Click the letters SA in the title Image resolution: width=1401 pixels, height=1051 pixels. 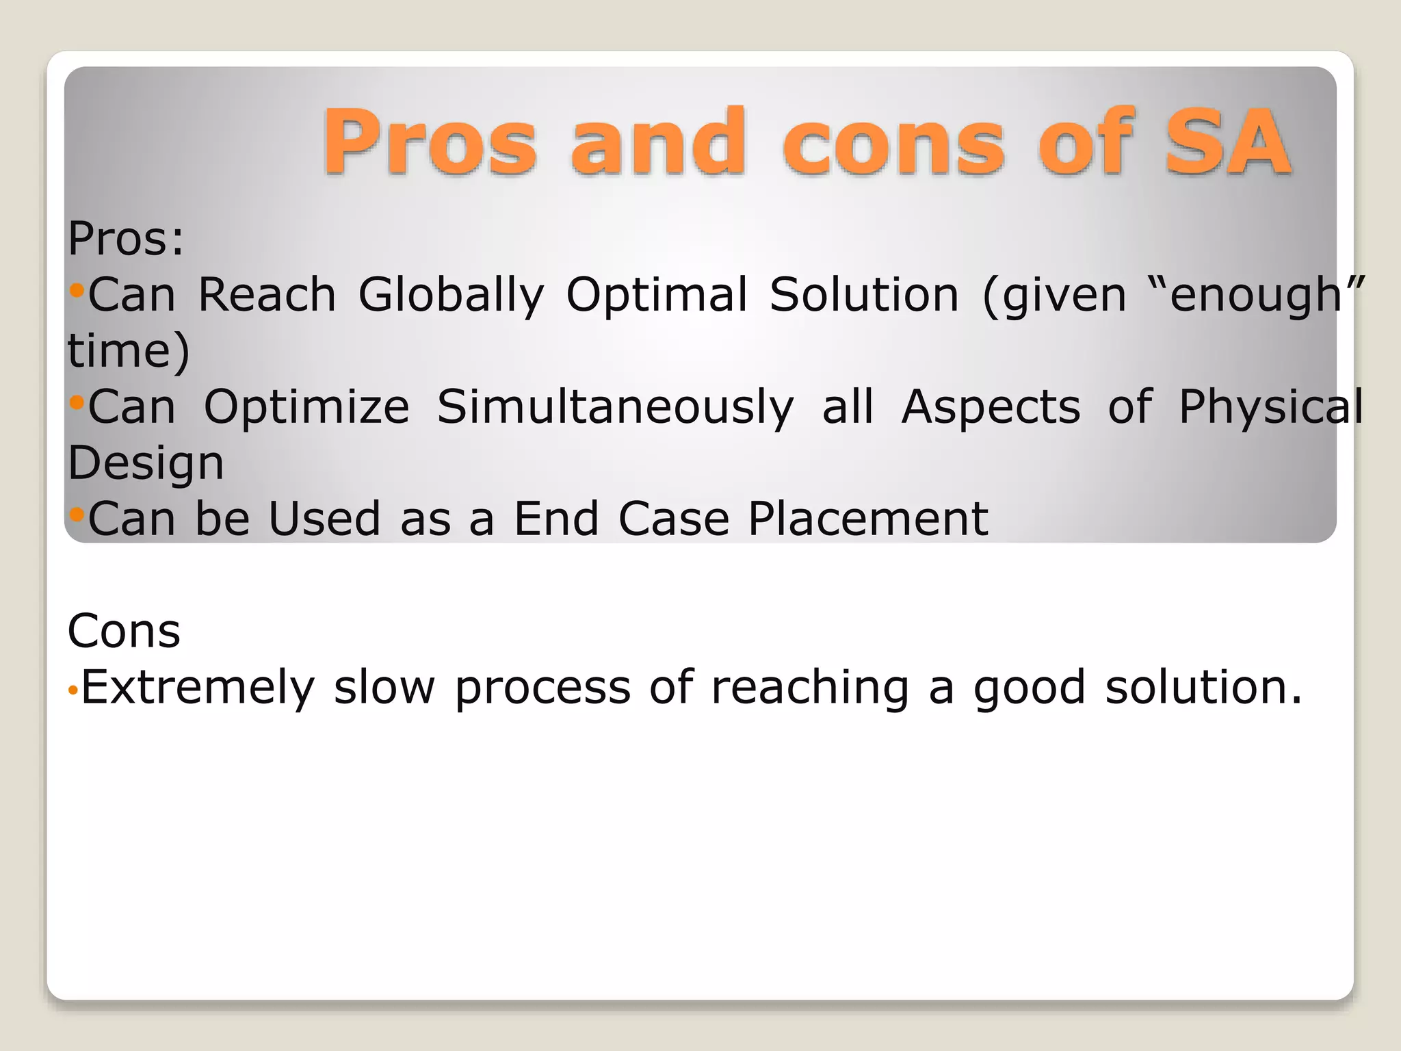[x=1229, y=142]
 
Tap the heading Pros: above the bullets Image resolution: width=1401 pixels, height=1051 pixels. [x=126, y=239]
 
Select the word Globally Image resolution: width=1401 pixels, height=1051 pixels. [x=451, y=295]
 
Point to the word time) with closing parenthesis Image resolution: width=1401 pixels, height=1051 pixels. [x=129, y=351]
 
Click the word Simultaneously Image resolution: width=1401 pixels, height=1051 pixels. [x=615, y=407]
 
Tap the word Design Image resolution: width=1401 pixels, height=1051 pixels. [x=146, y=463]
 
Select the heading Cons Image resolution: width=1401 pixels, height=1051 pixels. [x=124, y=631]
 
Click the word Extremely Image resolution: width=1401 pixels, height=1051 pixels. [x=198, y=687]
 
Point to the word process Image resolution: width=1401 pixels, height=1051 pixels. [x=542, y=687]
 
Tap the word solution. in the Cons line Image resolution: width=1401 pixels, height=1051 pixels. [x=1203, y=687]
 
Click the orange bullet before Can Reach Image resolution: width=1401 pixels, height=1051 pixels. [x=77, y=291]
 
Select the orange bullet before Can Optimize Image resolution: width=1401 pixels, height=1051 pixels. [x=77, y=402]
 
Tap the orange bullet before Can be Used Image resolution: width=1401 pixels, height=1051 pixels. [x=77, y=514]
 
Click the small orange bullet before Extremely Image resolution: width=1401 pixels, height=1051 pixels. [x=73, y=691]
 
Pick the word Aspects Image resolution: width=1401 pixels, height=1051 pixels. [x=991, y=407]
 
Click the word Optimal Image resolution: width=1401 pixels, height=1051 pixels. [x=657, y=295]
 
